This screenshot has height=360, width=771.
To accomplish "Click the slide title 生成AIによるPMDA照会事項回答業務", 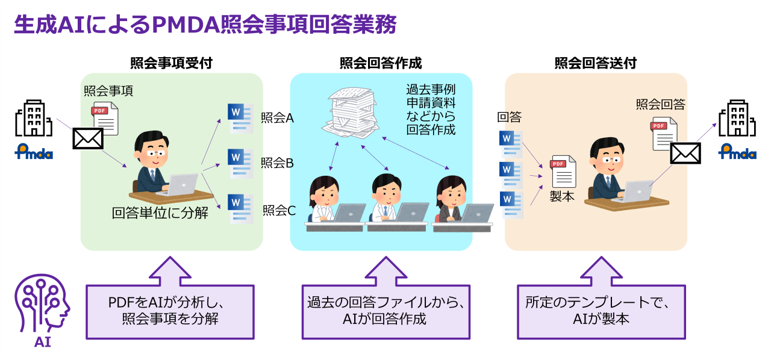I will click(205, 25).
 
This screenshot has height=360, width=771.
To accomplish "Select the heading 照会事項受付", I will click(171, 63).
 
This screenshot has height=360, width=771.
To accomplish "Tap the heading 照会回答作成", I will click(381, 63).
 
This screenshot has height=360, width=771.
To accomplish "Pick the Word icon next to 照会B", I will click(240, 163).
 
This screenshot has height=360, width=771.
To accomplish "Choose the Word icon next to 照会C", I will click(240, 208).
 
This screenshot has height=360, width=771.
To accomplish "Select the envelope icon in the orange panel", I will click(685, 153).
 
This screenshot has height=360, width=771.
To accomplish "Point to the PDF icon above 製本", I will click(563, 171).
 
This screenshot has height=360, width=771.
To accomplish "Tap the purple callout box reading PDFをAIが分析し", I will click(170, 311).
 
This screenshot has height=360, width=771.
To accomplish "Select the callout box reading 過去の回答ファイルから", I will click(385, 311).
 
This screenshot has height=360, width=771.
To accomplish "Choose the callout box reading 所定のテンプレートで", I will click(601, 311).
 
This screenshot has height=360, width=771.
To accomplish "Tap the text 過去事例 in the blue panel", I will click(431, 88).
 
